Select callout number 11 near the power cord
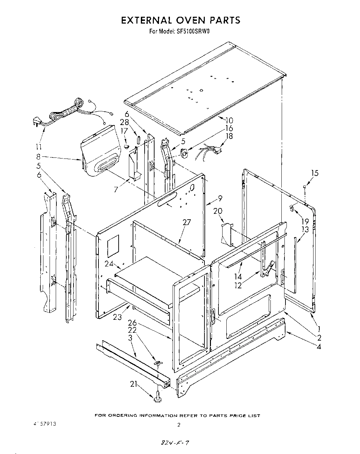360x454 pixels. click(39, 147)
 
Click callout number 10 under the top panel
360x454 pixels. click(229, 120)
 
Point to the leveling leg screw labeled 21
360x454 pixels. click(158, 396)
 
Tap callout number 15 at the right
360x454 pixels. click(315, 173)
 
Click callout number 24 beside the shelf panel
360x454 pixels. click(109, 264)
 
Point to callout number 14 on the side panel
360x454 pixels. click(238, 277)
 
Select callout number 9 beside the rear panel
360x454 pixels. click(220, 198)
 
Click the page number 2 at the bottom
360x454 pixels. click(179, 425)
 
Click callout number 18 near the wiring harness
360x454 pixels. click(229, 136)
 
